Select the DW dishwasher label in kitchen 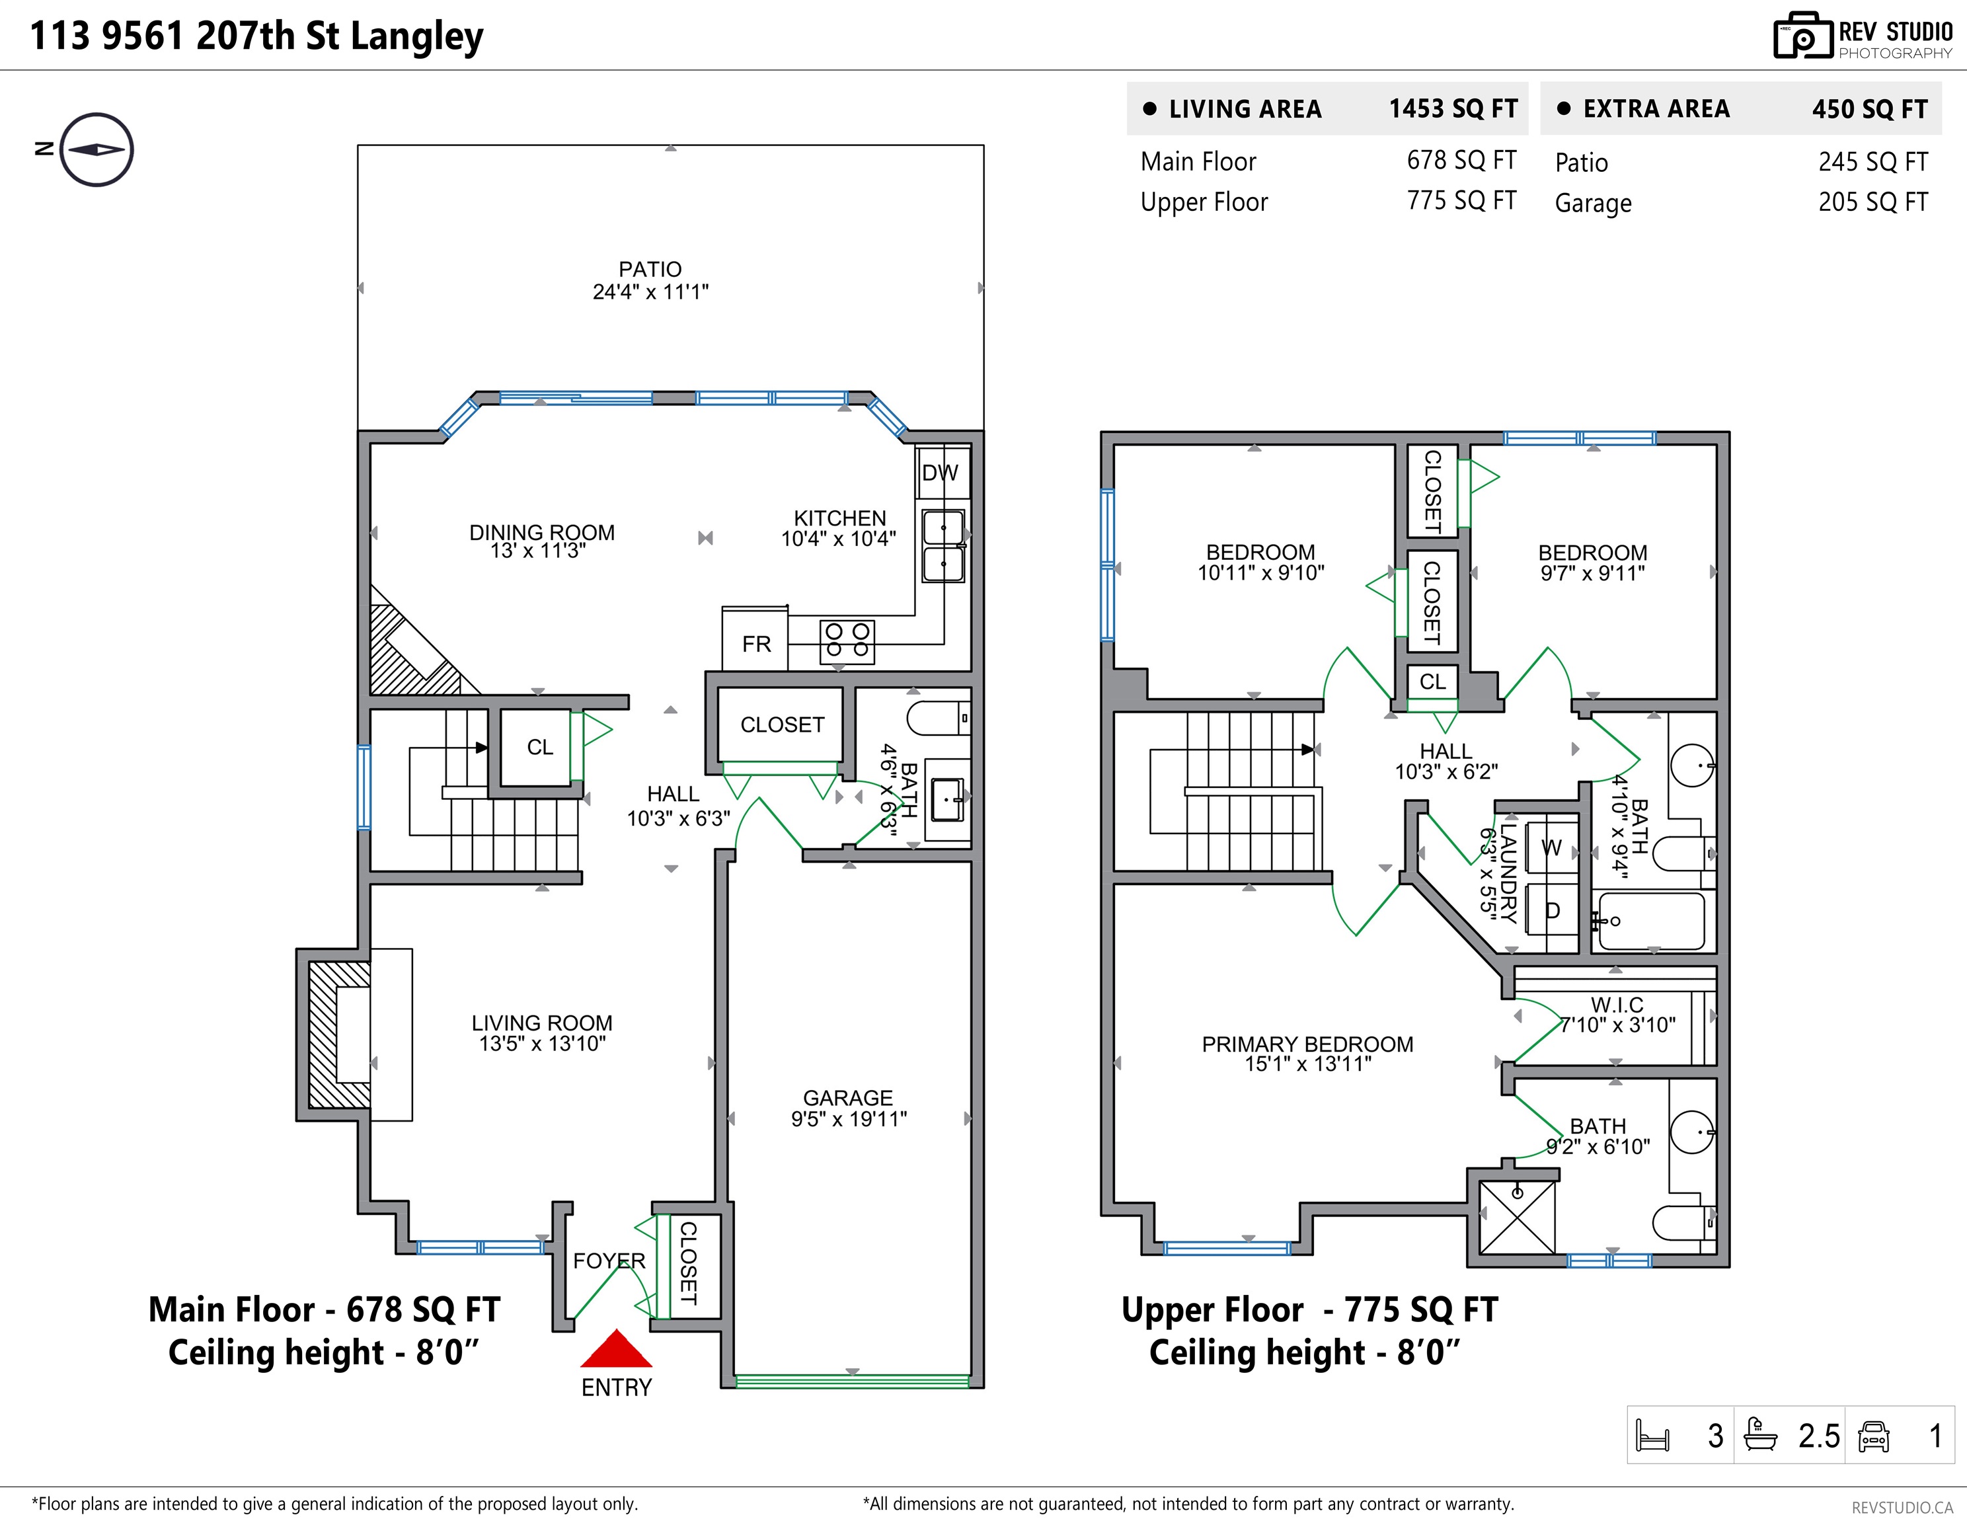click(941, 473)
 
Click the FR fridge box click(755, 639)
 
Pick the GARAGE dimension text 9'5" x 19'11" click(849, 1118)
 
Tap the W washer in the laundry click(1552, 847)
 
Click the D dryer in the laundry click(1552, 910)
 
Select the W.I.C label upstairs click(1617, 1004)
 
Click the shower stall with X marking click(1518, 1217)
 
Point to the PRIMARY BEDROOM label click(1308, 1044)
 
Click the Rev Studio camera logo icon click(1803, 36)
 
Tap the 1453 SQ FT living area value click(1453, 109)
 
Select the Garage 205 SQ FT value click(1873, 202)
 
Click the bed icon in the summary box click(1652, 1434)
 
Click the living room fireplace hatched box click(340, 1034)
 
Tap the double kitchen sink click(944, 546)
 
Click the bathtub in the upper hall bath click(1652, 920)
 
